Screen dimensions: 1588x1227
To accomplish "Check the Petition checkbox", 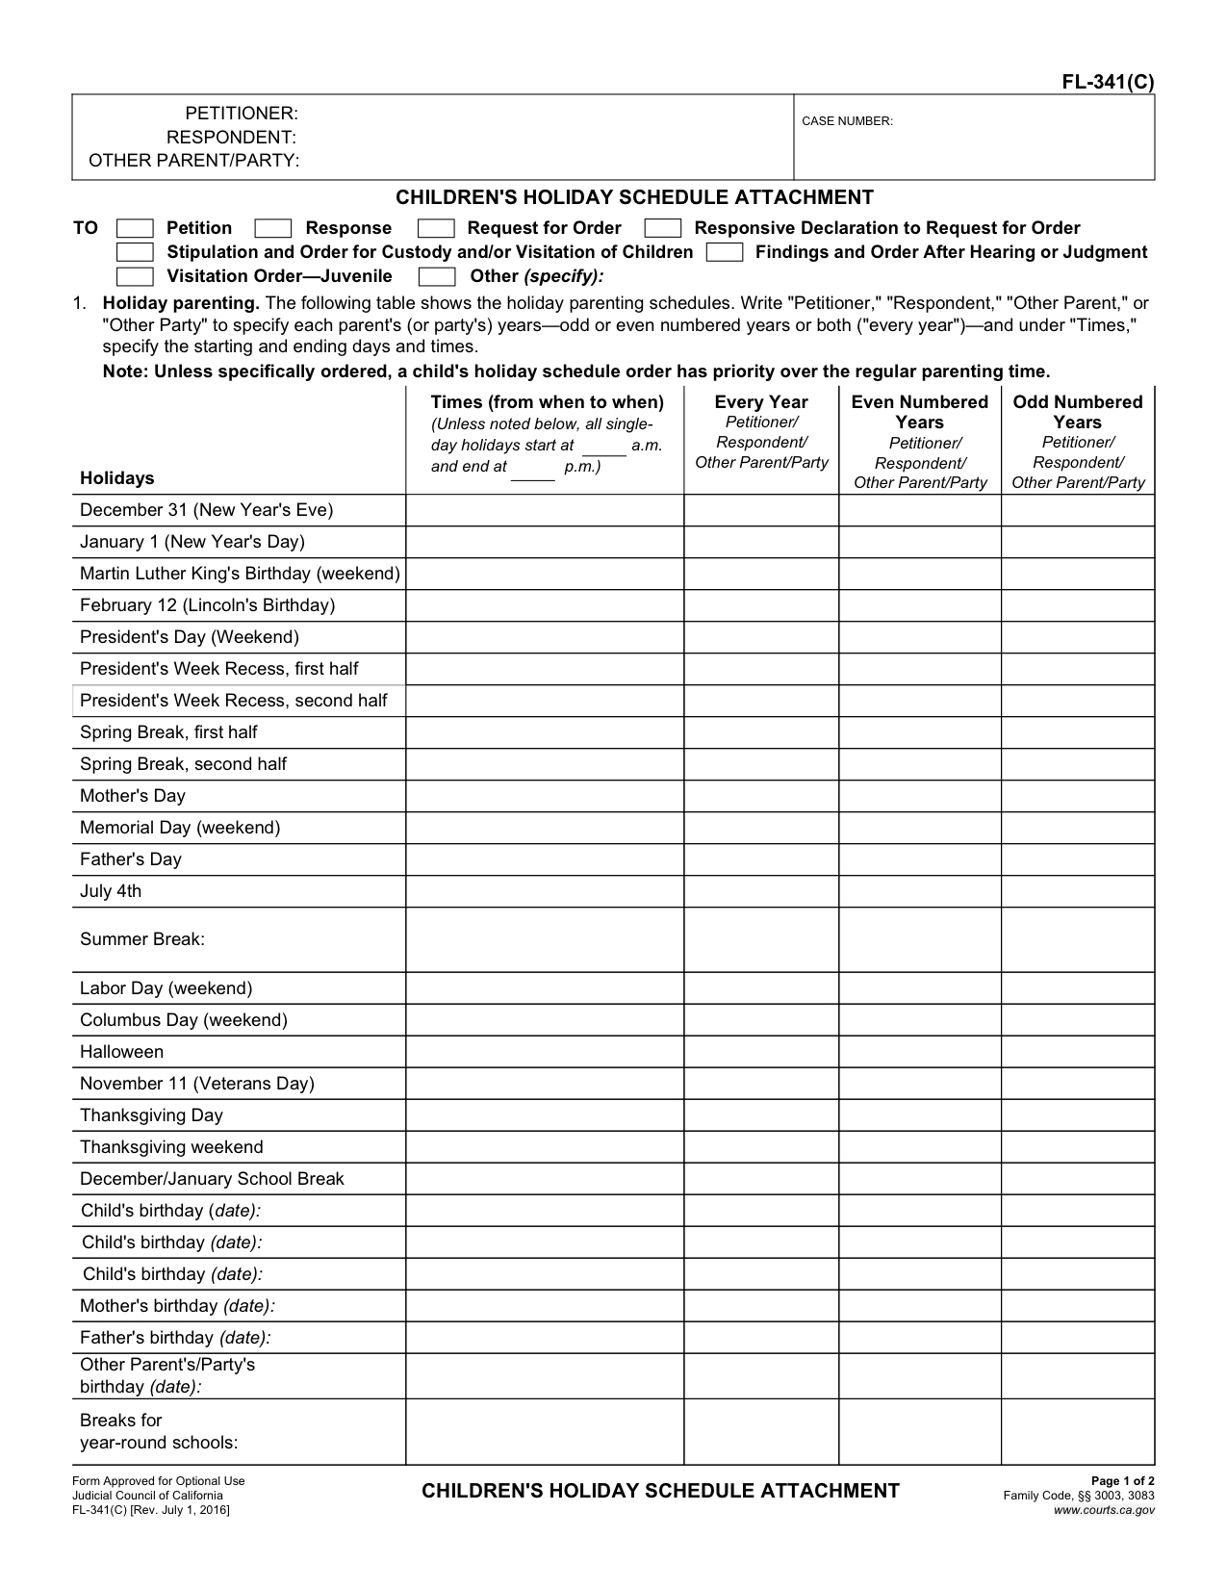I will click(135, 229).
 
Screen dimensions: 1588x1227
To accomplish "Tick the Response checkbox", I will click(273, 229).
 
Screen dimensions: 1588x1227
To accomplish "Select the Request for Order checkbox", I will click(436, 229).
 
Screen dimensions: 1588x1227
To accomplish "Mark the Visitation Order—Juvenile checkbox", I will click(135, 277).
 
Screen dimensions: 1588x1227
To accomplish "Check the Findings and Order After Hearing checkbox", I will click(725, 253).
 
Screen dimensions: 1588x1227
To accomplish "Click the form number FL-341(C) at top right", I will click(1108, 83).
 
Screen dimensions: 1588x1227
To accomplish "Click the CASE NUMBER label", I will click(847, 121).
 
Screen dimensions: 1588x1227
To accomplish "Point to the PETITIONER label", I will click(242, 114).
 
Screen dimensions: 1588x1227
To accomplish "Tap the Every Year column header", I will click(761, 402).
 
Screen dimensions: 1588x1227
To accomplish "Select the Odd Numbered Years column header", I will click(1077, 412).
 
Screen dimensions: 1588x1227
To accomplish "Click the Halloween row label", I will click(122, 1052).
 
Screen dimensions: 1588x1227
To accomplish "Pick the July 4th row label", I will click(111, 891).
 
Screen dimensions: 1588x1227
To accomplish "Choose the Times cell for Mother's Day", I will click(545, 796).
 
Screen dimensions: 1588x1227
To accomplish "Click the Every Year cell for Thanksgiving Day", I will click(761, 1115).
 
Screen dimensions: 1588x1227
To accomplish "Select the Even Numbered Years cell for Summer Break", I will click(920, 939).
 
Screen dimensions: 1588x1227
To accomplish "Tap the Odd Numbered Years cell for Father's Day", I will click(1078, 859).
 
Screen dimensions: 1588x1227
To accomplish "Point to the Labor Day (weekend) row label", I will click(166, 988).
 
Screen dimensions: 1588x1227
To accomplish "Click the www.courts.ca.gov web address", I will click(1104, 1510).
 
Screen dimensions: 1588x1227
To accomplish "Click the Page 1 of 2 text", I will click(1123, 1481).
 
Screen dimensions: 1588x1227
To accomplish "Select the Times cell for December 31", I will click(545, 510).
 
